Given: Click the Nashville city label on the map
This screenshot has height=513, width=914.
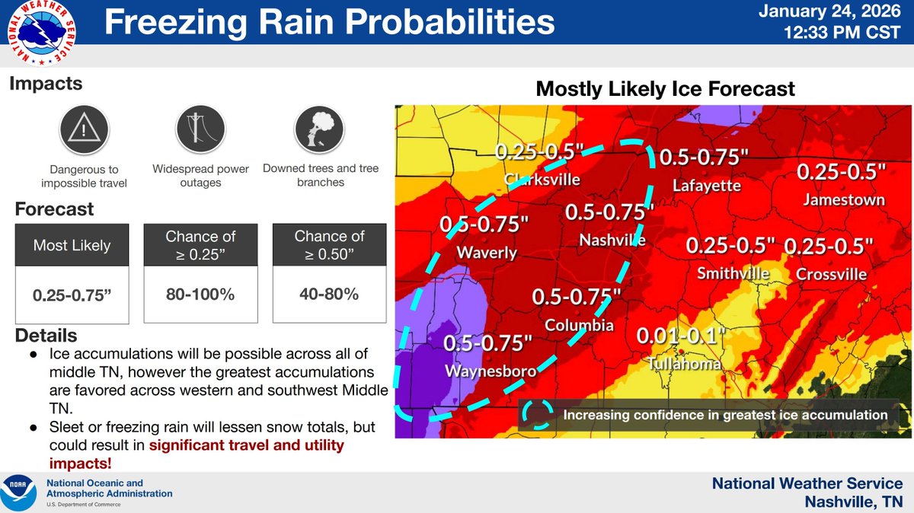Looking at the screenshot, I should click(x=612, y=241).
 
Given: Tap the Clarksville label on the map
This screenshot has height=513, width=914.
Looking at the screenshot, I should click(x=542, y=180).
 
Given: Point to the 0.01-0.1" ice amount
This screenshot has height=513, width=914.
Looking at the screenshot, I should click(x=679, y=336).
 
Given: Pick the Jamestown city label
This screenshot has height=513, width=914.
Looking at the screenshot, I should click(x=843, y=200).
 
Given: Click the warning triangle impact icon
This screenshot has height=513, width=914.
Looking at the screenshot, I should click(x=78, y=128).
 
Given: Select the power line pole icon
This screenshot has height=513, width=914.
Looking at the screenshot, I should click(x=200, y=128).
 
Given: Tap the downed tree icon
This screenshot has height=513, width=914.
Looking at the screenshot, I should click(x=320, y=128).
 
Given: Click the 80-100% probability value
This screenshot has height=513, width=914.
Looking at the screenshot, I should click(x=200, y=293).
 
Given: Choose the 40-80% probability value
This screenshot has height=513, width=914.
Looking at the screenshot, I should click(x=330, y=293).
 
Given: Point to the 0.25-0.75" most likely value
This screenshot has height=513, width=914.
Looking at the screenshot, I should click(x=72, y=293).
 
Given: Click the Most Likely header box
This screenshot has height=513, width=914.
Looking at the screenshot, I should click(x=72, y=245).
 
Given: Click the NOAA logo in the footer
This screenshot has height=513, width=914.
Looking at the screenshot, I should click(x=21, y=492).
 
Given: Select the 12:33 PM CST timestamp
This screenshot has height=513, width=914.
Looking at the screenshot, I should click(x=843, y=33).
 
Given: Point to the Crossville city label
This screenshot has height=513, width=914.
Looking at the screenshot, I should click(x=830, y=274).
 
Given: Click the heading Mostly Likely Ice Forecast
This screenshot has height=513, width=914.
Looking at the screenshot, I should click(x=665, y=88).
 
